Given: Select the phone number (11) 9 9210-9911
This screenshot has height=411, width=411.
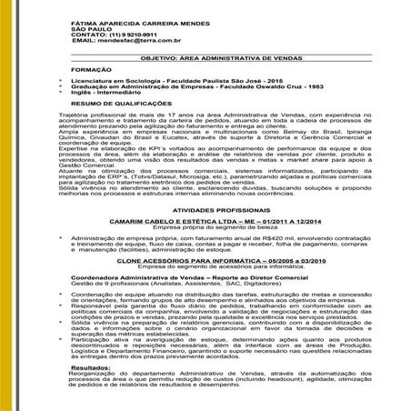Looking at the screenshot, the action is [128, 34].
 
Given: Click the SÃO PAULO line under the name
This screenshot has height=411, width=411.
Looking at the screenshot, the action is [90, 26].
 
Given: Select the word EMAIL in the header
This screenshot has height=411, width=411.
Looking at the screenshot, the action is [83, 41].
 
